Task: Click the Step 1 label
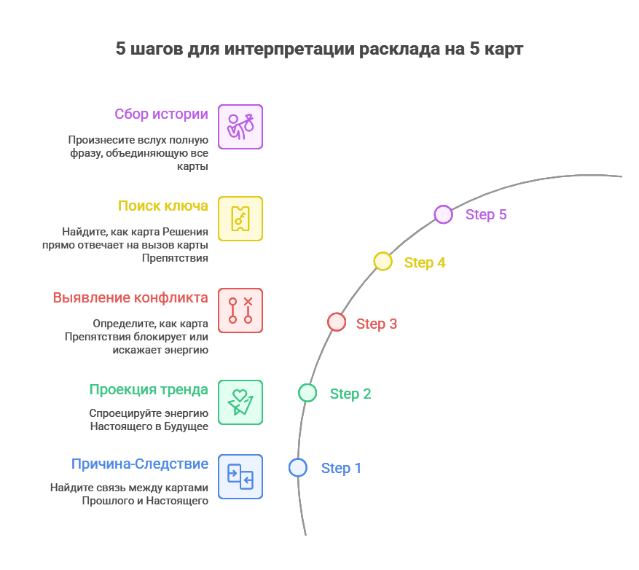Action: point(341,468)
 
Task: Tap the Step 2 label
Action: point(350,394)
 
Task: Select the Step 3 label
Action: point(377,324)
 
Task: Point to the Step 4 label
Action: point(425,262)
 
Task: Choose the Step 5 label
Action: point(486,214)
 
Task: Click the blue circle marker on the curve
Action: point(297,467)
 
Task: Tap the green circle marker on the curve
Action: point(307,393)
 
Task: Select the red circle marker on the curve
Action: point(337,321)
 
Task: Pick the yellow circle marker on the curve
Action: point(383,261)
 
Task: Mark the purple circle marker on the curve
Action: point(443,214)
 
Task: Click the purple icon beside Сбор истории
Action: point(240,127)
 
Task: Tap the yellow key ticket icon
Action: point(240,219)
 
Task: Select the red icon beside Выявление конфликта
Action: point(240,311)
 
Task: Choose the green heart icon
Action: point(240,402)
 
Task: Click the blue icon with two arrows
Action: point(240,477)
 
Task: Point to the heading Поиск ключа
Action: point(163,206)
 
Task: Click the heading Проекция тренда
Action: point(149,389)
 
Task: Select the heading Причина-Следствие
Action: point(140,464)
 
